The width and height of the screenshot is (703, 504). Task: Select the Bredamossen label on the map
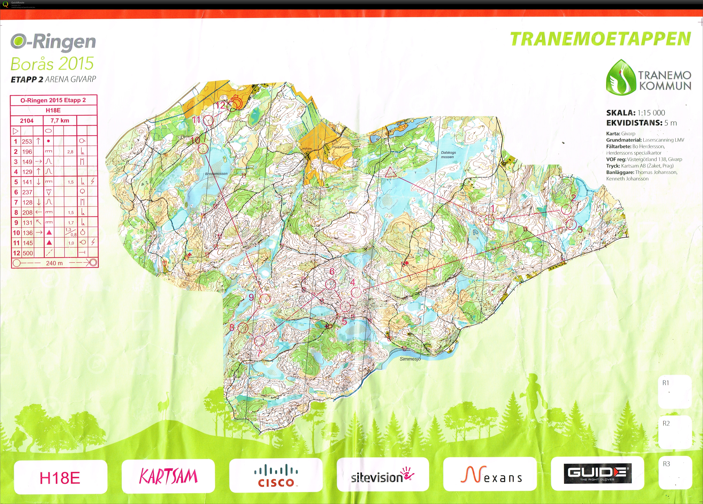coord(216,174)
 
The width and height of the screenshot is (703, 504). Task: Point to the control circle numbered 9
coord(265,299)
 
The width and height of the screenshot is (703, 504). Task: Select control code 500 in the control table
coord(28,253)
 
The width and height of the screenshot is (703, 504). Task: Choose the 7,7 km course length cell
coord(60,121)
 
